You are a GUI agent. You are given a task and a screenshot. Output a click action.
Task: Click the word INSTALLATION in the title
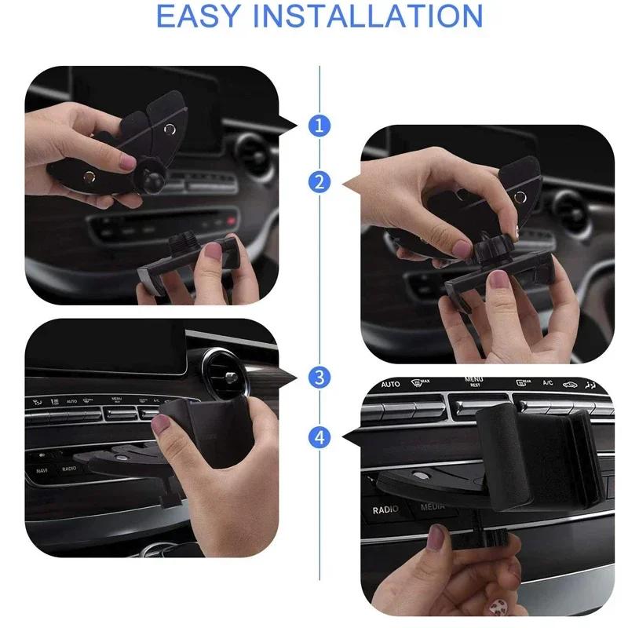pos(376,15)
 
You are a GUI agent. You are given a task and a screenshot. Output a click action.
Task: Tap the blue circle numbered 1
pos(319,124)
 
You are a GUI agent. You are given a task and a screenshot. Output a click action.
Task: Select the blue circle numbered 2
pos(319,183)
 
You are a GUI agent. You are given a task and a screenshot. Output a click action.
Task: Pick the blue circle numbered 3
pos(319,377)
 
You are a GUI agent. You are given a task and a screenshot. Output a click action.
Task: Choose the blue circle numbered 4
pos(319,436)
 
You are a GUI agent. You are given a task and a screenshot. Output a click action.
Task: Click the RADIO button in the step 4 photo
pos(386,509)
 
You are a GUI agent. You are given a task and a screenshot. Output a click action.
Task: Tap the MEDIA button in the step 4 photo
pos(433,506)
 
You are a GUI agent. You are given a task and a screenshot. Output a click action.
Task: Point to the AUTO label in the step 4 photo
pos(390,385)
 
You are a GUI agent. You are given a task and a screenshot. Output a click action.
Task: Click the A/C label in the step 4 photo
pos(546,384)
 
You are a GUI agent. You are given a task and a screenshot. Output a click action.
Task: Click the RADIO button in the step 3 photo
pos(69,469)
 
